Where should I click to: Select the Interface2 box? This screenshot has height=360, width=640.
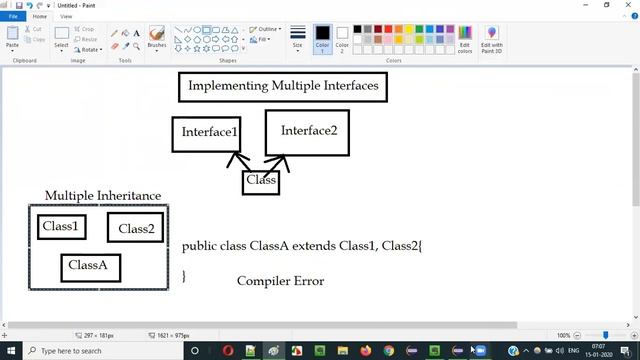pos(307,132)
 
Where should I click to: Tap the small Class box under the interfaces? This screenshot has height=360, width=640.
pos(261,181)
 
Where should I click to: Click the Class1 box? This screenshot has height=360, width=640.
pos(60,227)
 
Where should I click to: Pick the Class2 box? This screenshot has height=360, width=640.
pos(135,229)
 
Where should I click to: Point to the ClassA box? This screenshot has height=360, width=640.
pos(90,266)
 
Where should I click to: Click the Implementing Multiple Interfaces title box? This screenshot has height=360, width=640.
pos(283,86)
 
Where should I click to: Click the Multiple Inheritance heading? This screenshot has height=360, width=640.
pos(102,196)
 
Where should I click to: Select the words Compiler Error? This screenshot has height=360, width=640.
pos(280,281)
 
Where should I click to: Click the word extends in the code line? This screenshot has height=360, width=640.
pos(313,245)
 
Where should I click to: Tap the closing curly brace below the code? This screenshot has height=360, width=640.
pos(184,276)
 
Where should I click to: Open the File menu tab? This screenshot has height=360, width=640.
pos(13,17)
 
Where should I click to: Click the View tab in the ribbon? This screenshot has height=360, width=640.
pos(66,17)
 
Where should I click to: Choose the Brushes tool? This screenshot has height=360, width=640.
pos(157,38)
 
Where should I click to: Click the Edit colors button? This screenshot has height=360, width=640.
pos(464,40)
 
